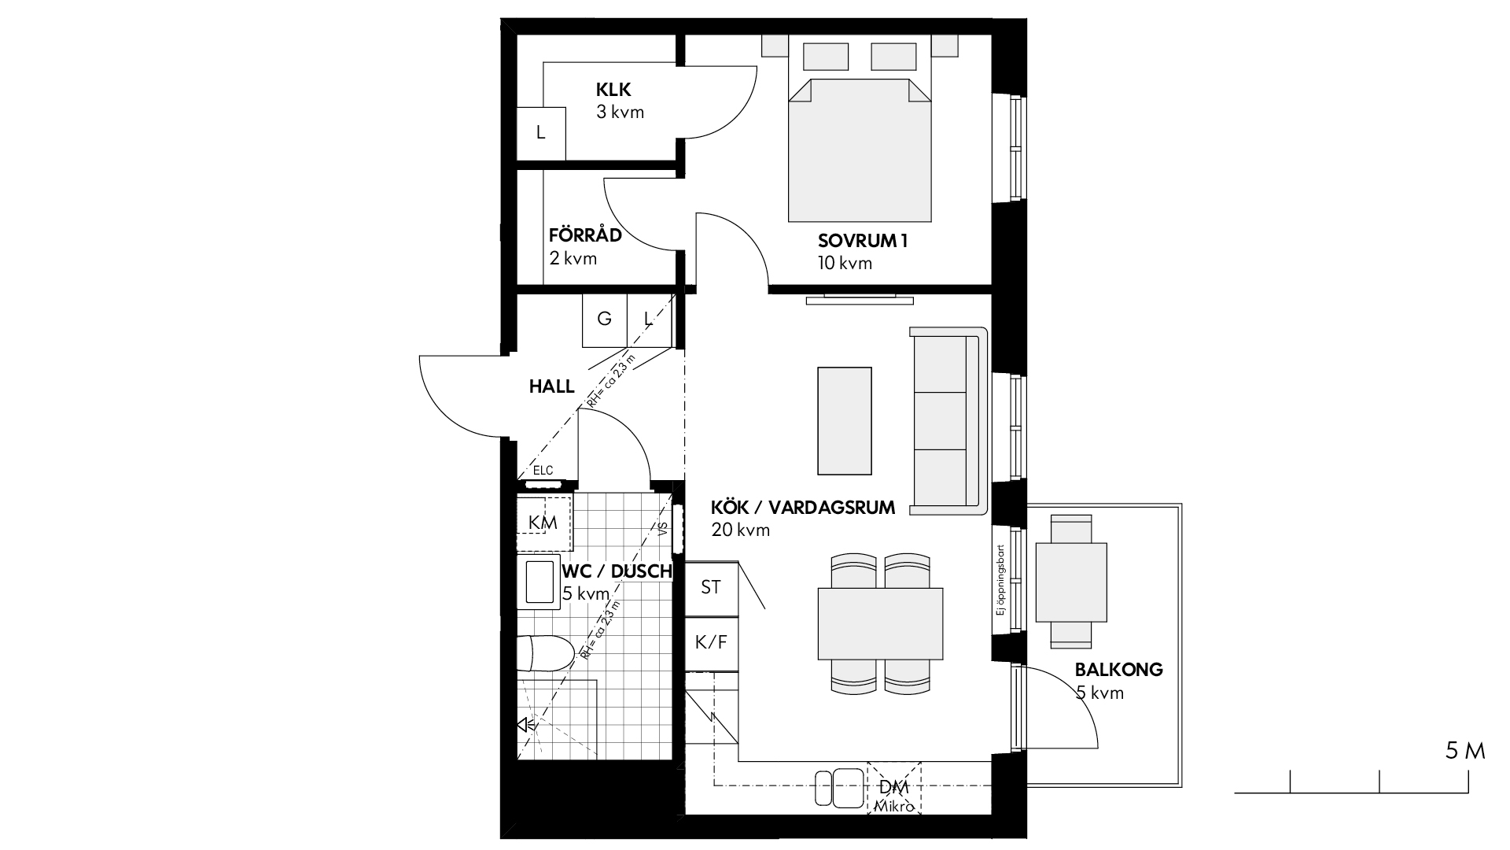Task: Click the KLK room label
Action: (613, 90)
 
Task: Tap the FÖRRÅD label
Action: (585, 235)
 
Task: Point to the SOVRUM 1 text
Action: (863, 242)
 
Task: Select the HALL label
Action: (551, 387)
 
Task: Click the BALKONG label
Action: (1118, 671)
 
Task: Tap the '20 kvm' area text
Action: (740, 530)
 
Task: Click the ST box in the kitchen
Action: (711, 588)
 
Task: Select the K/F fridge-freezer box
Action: (711, 643)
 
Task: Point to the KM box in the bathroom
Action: (543, 522)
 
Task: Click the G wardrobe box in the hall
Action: (604, 320)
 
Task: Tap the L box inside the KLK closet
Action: (540, 133)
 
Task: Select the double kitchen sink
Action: (839, 787)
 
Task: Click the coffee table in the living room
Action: (845, 421)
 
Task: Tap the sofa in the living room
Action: (948, 421)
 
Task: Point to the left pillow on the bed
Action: (825, 57)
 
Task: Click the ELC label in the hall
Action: (543, 471)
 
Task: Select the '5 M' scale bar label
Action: (1465, 752)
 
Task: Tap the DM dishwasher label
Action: (894, 788)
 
